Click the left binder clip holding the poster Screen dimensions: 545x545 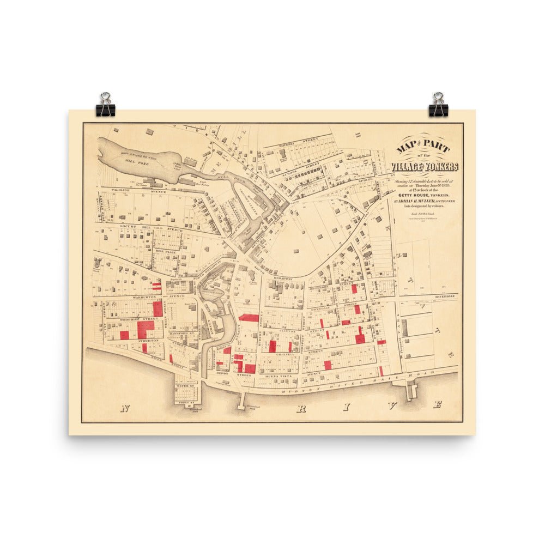click(x=105, y=105)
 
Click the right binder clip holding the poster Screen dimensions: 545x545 click(x=438, y=105)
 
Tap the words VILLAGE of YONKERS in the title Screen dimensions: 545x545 click(x=425, y=167)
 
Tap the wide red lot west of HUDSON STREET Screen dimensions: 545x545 click(x=249, y=318)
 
